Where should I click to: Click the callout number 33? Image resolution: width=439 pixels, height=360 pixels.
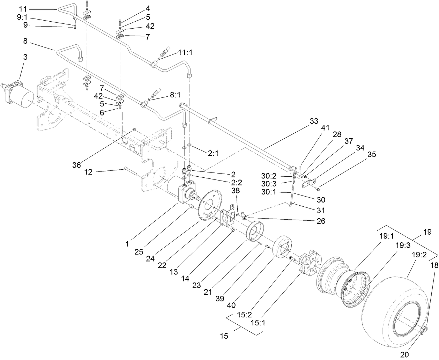tap(314, 121)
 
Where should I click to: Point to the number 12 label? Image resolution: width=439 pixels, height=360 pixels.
tap(88, 171)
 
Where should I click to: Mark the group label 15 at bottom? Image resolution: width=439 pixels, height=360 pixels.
tap(224, 336)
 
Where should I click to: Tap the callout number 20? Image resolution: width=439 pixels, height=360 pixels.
tap(404, 355)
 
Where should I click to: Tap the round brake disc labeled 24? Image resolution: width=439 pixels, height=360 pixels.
tap(209, 204)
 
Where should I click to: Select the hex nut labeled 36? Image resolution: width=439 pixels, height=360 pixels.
tap(134, 130)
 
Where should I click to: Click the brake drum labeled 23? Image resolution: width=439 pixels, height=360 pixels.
tap(255, 232)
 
